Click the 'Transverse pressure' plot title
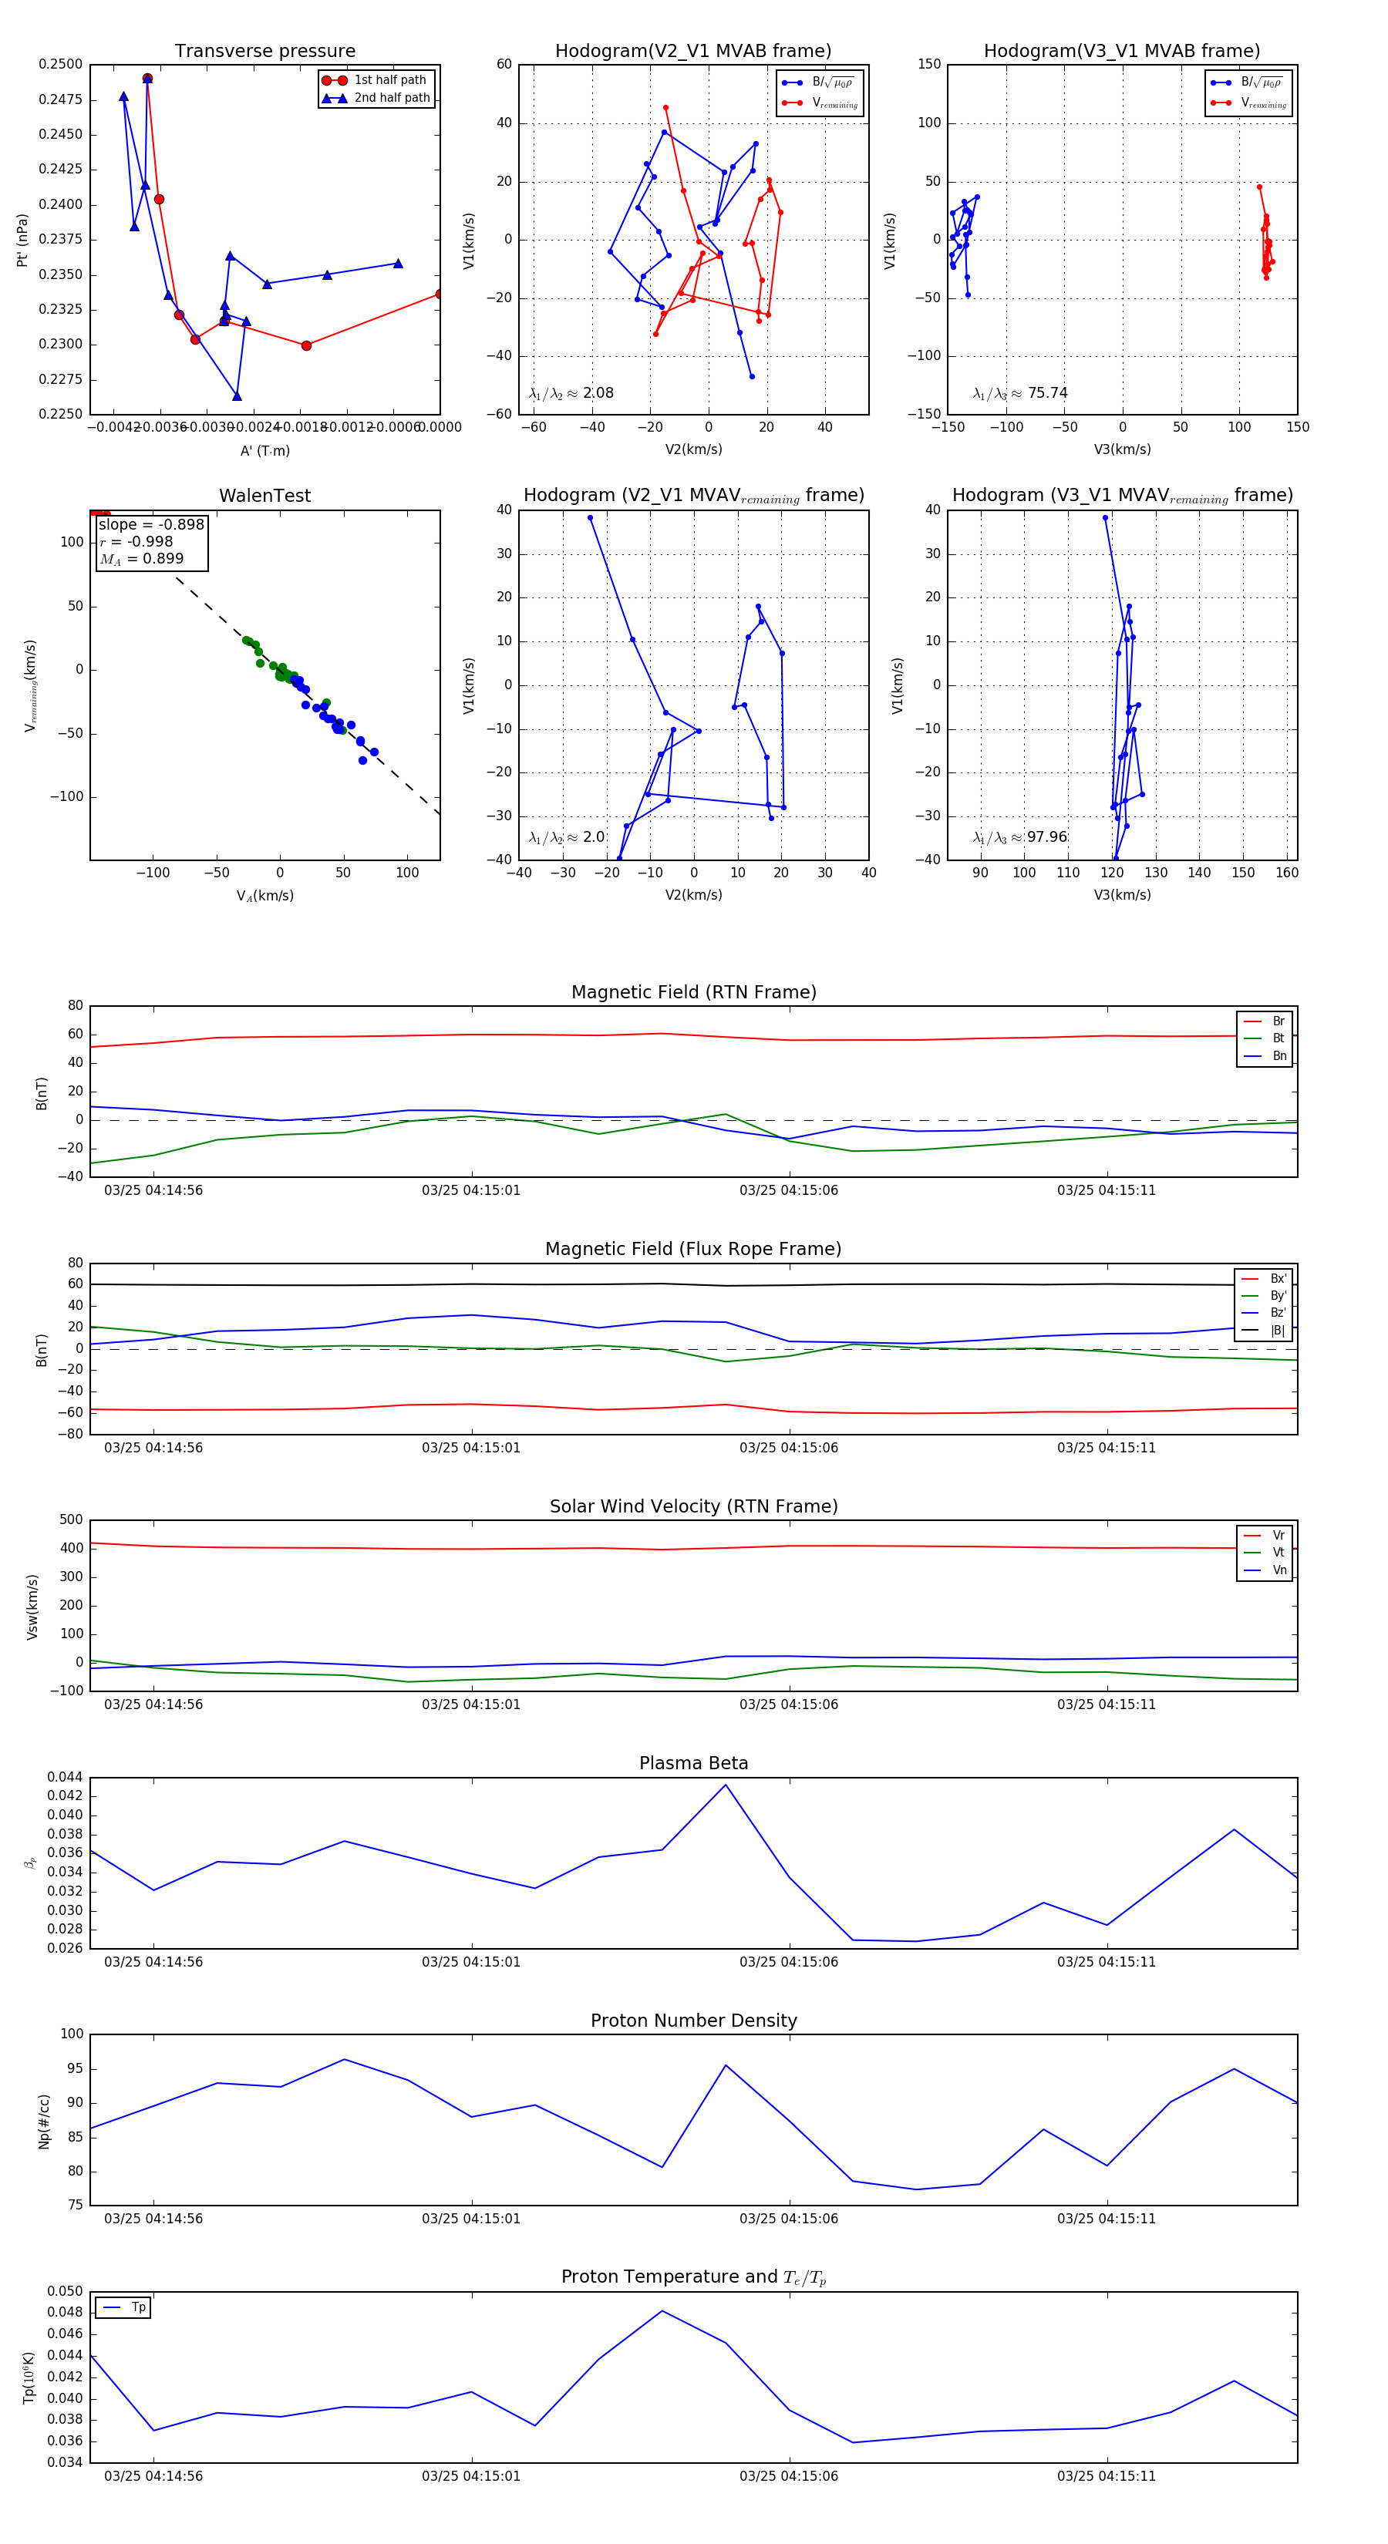pyautogui.click(x=264, y=52)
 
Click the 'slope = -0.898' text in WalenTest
pyautogui.click(x=151, y=524)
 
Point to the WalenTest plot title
pyautogui.click(x=264, y=496)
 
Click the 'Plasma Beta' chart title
pyautogui.click(x=693, y=1763)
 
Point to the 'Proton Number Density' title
pyautogui.click(x=693, y=2021)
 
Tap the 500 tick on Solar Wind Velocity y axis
pyautogui.click(x=71, y=1520)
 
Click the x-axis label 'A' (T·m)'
pyautogui.click(x=264, y=450)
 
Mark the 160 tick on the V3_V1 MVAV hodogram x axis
pyautogui.click(x=1286, y=872)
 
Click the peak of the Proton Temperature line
pyautogui.click(x=662, y=2311)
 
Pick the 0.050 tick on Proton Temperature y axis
pyautogui.click(x=66, y=2291)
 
